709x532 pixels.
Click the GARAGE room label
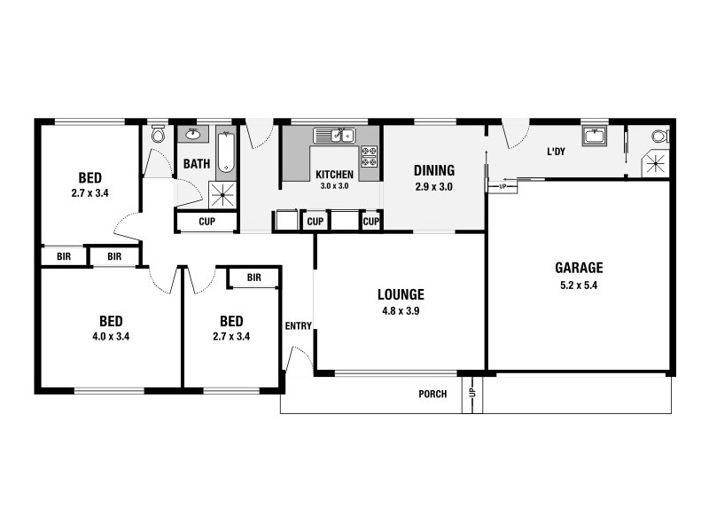point(579,267)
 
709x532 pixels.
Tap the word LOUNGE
point(401,294)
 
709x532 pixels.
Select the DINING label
point(434,170)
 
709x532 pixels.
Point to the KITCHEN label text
point(334,175)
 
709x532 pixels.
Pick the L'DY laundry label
point(556,152)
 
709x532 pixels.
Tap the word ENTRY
point(298,326)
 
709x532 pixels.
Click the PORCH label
point(432,395)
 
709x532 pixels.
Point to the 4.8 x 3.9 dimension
point(401,311)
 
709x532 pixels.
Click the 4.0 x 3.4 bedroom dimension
point(111,337)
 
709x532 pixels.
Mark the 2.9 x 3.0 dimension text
point(434,187)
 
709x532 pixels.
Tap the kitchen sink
point(334,136)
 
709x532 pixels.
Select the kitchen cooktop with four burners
point(369,156)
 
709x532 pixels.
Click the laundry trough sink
point(593,137)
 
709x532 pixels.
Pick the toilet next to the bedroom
point(158,135)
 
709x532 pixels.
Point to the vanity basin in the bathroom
point(192,136)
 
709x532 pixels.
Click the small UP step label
point(503,187)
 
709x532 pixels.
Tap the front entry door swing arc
point(301,357)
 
